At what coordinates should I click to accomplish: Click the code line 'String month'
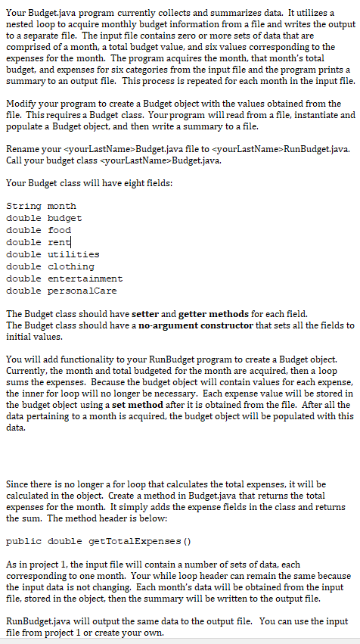point(41,206)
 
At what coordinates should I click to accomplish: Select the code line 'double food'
point(38,230)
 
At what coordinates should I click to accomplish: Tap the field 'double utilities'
point(52,254)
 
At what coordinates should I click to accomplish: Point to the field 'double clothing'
point(50,266)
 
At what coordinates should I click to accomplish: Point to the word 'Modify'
point(20,103)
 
